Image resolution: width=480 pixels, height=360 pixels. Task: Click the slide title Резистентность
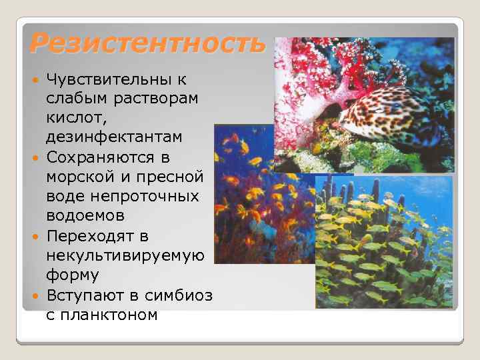pos(147,45)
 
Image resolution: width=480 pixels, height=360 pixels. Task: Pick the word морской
pos(81,178)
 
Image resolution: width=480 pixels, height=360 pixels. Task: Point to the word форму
pos(73,275)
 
